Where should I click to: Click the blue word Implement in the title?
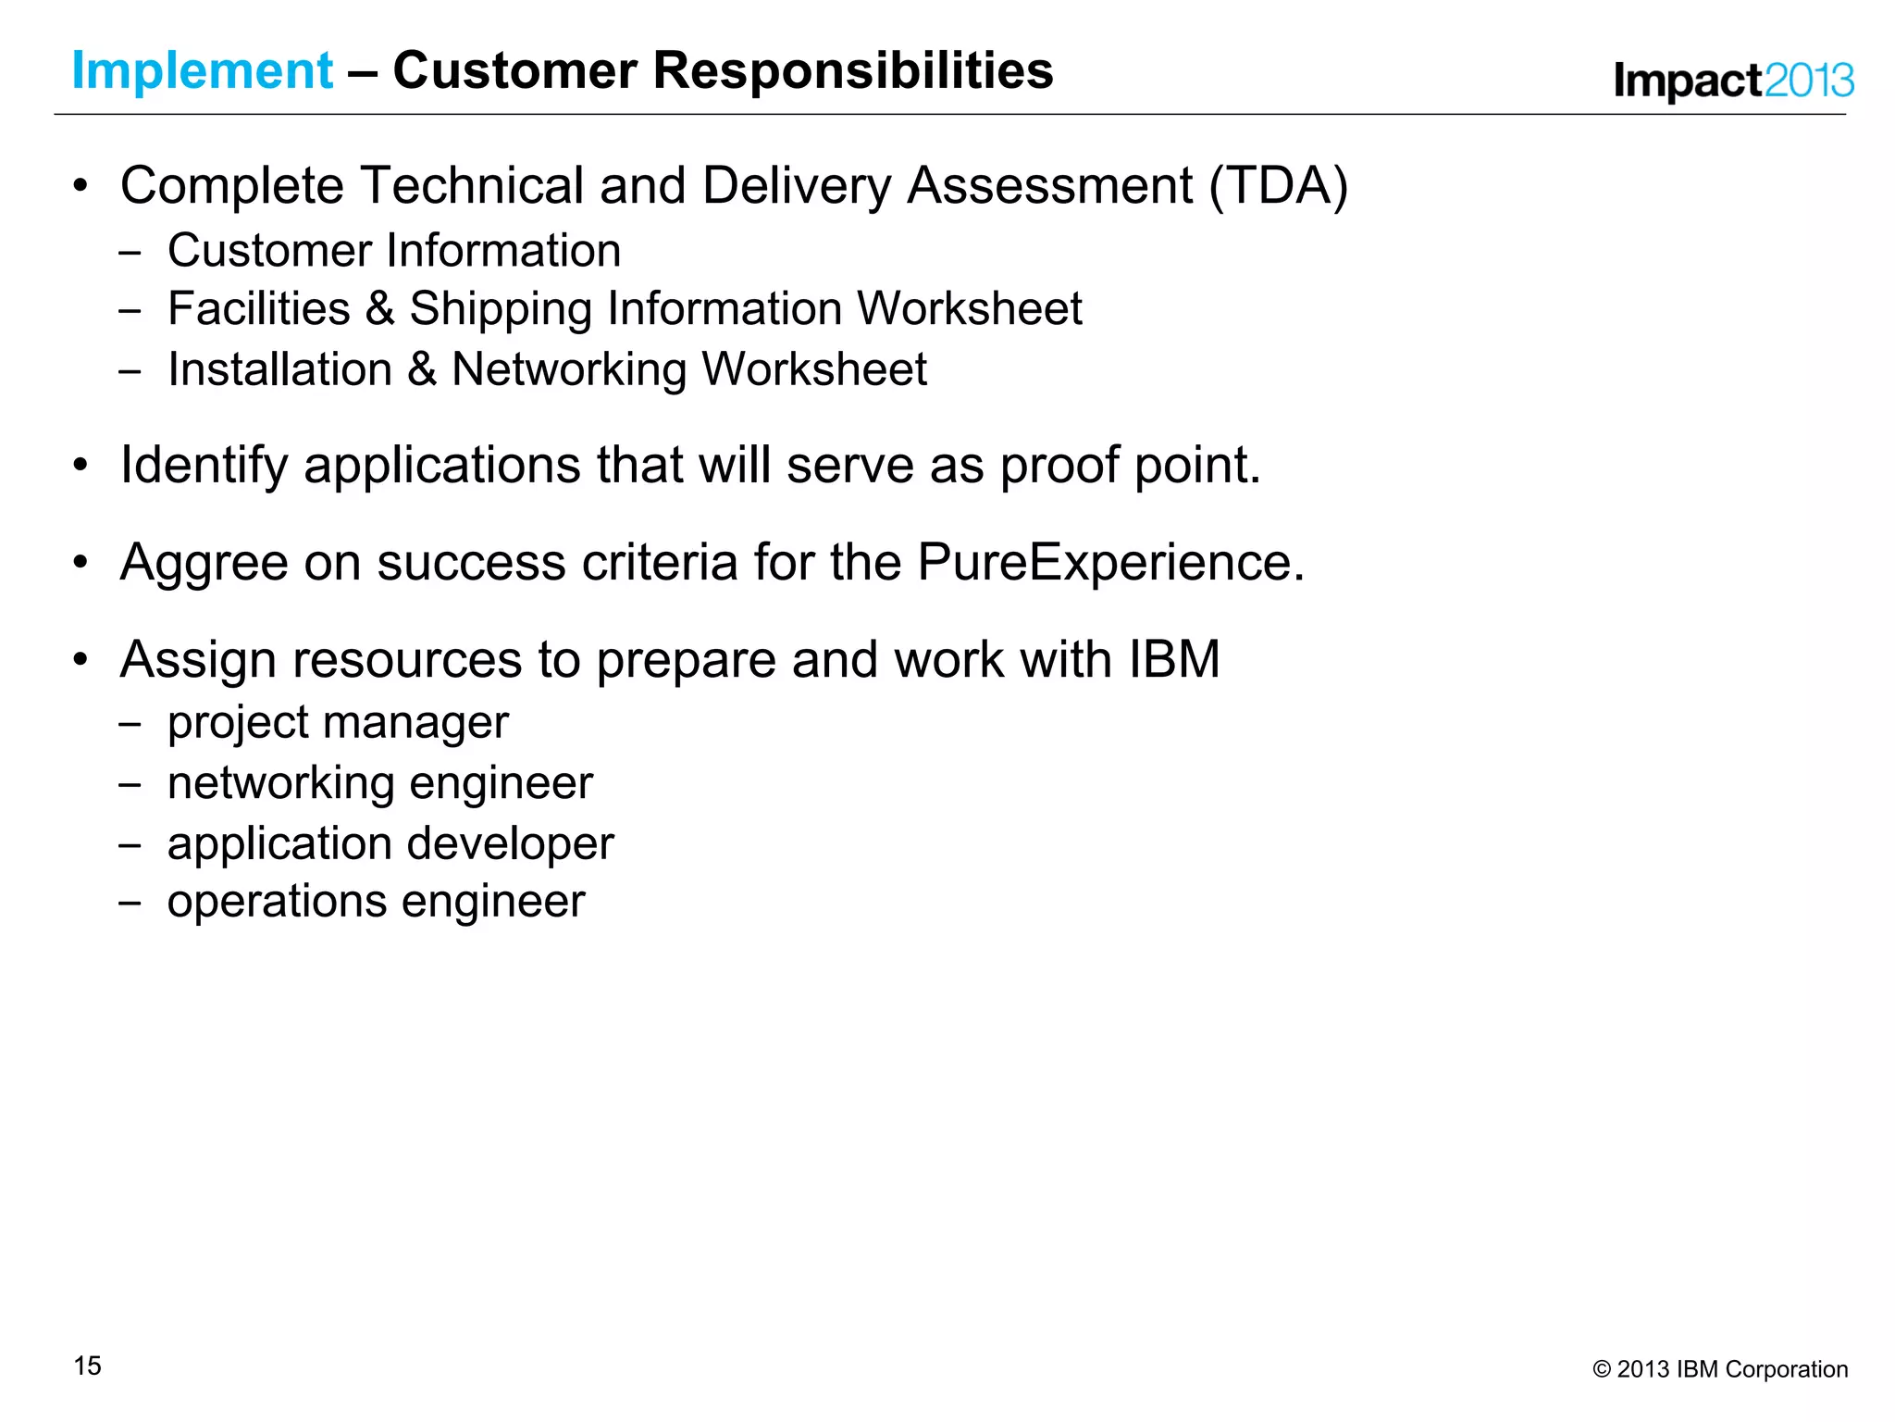click(202, 71)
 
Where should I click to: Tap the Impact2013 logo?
click(1733, 81)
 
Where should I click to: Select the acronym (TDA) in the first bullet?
click(1278, 186)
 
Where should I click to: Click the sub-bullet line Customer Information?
click(393, 251)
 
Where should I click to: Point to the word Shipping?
click(500, 309)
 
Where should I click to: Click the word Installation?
click(279, 369)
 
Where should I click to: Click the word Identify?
click(204, 465)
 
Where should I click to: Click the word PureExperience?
click(1109, 562)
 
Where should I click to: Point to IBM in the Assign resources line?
click(1173, 660)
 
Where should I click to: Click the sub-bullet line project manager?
click(338, 722)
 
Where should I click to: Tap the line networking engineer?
click(379, 783)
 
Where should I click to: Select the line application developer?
click(390, 844)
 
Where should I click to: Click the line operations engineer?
click(376, 902)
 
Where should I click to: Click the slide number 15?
click(88, 1366)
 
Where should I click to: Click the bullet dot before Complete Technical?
click(81, 186)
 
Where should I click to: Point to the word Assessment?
click(1049, 186)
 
